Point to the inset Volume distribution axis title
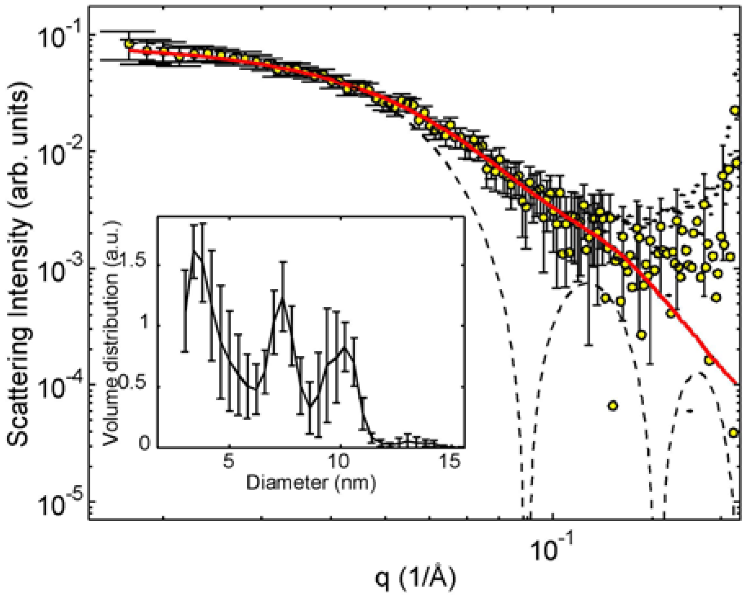111,333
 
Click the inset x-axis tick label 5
229,461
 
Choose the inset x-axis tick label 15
451,461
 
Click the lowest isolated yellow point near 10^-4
612,406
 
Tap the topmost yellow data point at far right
735,110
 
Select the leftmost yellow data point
130,43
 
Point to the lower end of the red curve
736,383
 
